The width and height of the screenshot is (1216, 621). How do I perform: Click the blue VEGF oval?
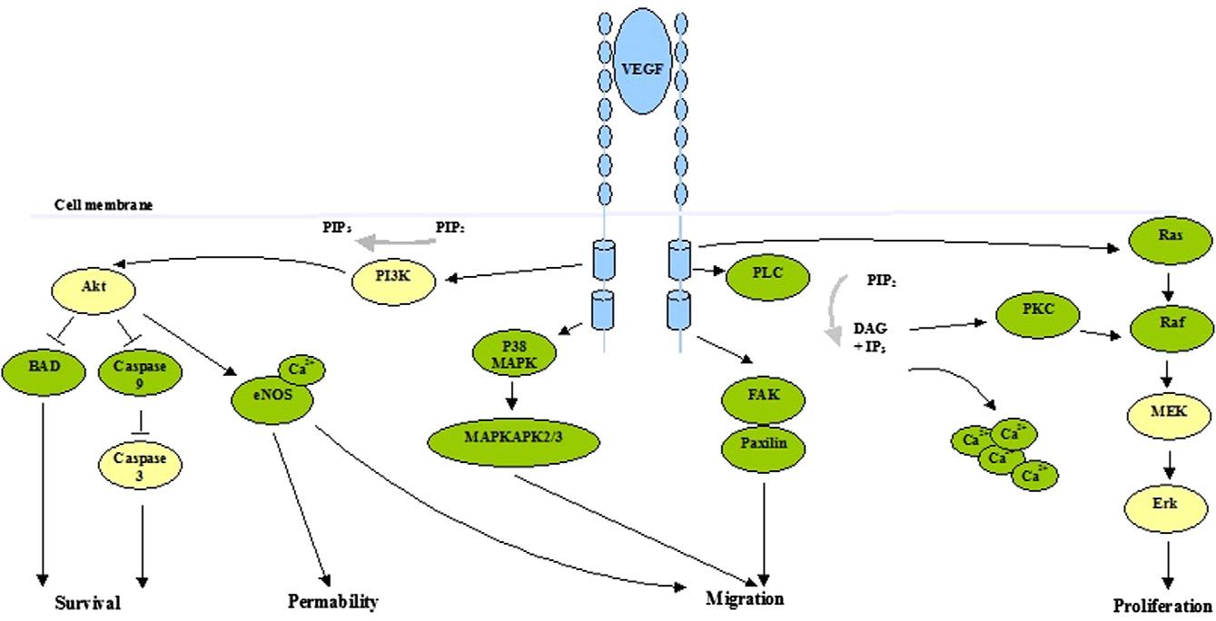point(642,68)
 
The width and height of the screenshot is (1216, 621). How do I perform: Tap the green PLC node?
point(766,271)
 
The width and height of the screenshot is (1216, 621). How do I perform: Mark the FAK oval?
point(763,396)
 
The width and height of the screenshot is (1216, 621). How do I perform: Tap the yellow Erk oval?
point(1167,502)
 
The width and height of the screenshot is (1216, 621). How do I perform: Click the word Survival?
point(87,602)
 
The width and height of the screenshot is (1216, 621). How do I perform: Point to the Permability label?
point(332,601)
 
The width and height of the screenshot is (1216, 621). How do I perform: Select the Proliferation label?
point(1162,606)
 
